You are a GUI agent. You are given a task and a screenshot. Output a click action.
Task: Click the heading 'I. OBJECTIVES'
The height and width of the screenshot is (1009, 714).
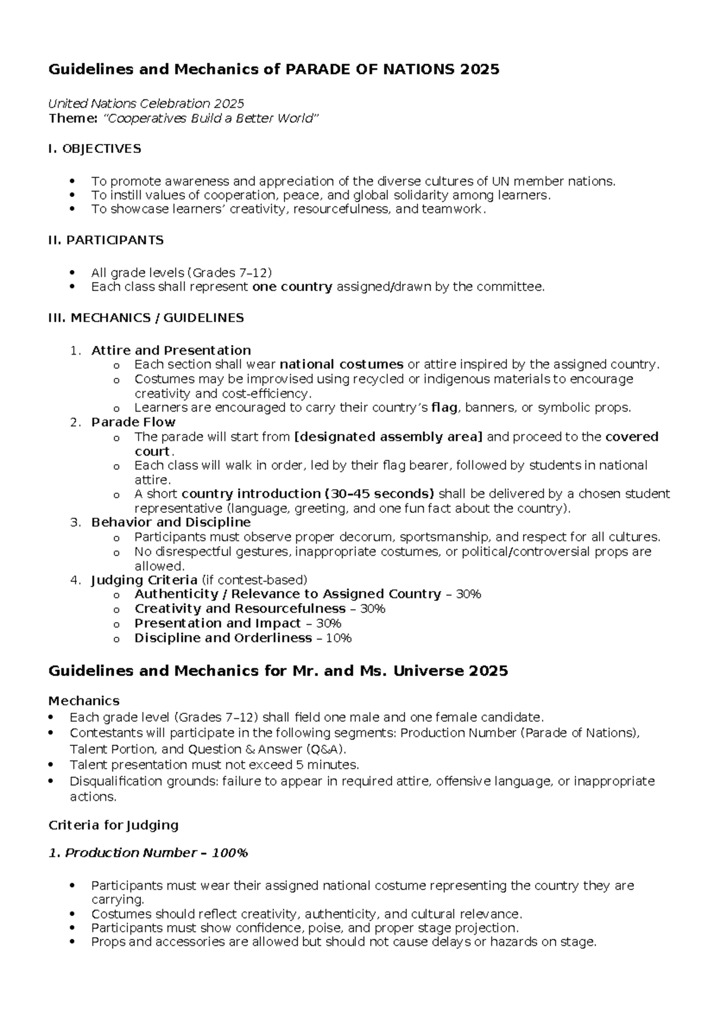coord(95,149)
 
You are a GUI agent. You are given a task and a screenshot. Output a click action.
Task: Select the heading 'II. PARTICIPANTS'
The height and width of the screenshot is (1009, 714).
coord(106,240)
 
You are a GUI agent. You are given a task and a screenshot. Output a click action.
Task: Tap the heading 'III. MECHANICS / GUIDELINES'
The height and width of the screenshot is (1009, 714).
coord(146,318)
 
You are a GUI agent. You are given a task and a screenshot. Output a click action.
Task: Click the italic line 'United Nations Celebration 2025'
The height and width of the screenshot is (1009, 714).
coord(146,104)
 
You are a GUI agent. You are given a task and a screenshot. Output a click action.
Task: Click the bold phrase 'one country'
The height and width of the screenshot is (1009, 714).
coord(292,287)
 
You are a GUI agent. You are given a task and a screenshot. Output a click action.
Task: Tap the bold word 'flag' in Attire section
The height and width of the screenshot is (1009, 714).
coord(443,408)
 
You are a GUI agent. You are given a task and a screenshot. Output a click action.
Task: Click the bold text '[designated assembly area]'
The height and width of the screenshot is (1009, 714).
coord(389,437)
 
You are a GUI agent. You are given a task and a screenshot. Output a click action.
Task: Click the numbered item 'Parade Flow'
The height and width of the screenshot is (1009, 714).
coord(133,422)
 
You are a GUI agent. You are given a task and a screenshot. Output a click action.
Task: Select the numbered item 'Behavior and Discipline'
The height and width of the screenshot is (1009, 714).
coord(171,522)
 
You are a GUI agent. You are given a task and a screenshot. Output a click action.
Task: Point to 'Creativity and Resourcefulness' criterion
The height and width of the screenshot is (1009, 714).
coord(240,609)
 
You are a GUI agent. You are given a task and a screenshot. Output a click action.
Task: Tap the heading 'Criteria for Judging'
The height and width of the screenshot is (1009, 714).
coord(113,825)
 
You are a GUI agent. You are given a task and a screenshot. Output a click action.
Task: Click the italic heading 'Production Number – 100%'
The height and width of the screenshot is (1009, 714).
coord(156,853)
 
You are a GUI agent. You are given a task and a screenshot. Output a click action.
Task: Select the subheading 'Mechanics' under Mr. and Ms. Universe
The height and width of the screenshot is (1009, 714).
coord(84,701)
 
